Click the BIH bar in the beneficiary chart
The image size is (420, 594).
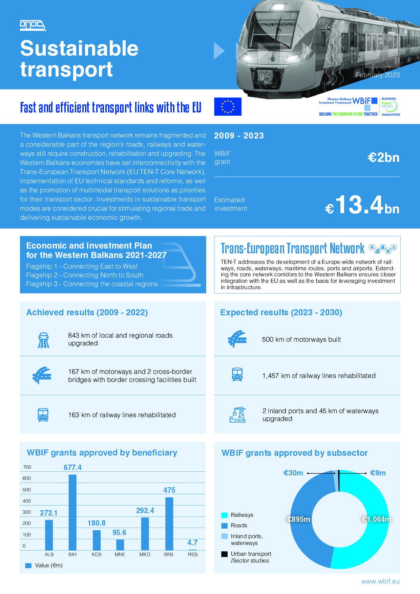pos(72,512)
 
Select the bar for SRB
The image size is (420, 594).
pos(169,524)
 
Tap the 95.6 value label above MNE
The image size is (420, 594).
pos(119,532)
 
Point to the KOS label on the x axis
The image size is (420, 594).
pos(97,554)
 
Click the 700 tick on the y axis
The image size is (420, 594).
pos(27,467)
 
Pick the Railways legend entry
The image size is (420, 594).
pos(237,515)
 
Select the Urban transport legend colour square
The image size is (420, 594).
pos(224,554)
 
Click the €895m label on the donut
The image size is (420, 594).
pos(298,519)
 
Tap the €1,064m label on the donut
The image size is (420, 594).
pos(376,519)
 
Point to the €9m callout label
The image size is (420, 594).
pos(378,473)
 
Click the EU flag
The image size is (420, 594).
pos(228,107)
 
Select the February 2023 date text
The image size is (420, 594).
pos(378,75)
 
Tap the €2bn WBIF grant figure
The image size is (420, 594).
pos(383,157)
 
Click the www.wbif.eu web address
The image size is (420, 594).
pos(380,581)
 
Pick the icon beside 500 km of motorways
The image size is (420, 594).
pos(237,339)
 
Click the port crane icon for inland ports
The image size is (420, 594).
pos(237,415)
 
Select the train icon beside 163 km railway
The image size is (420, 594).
pos(43,415)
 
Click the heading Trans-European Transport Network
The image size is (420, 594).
pos(293,248)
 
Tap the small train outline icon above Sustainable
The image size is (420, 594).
pos(33,25)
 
